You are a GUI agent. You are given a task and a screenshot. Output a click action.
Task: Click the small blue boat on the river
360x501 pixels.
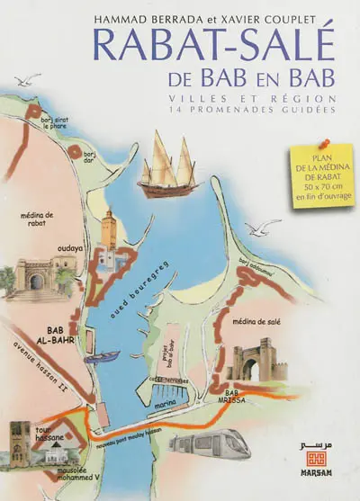click(107, 355)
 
